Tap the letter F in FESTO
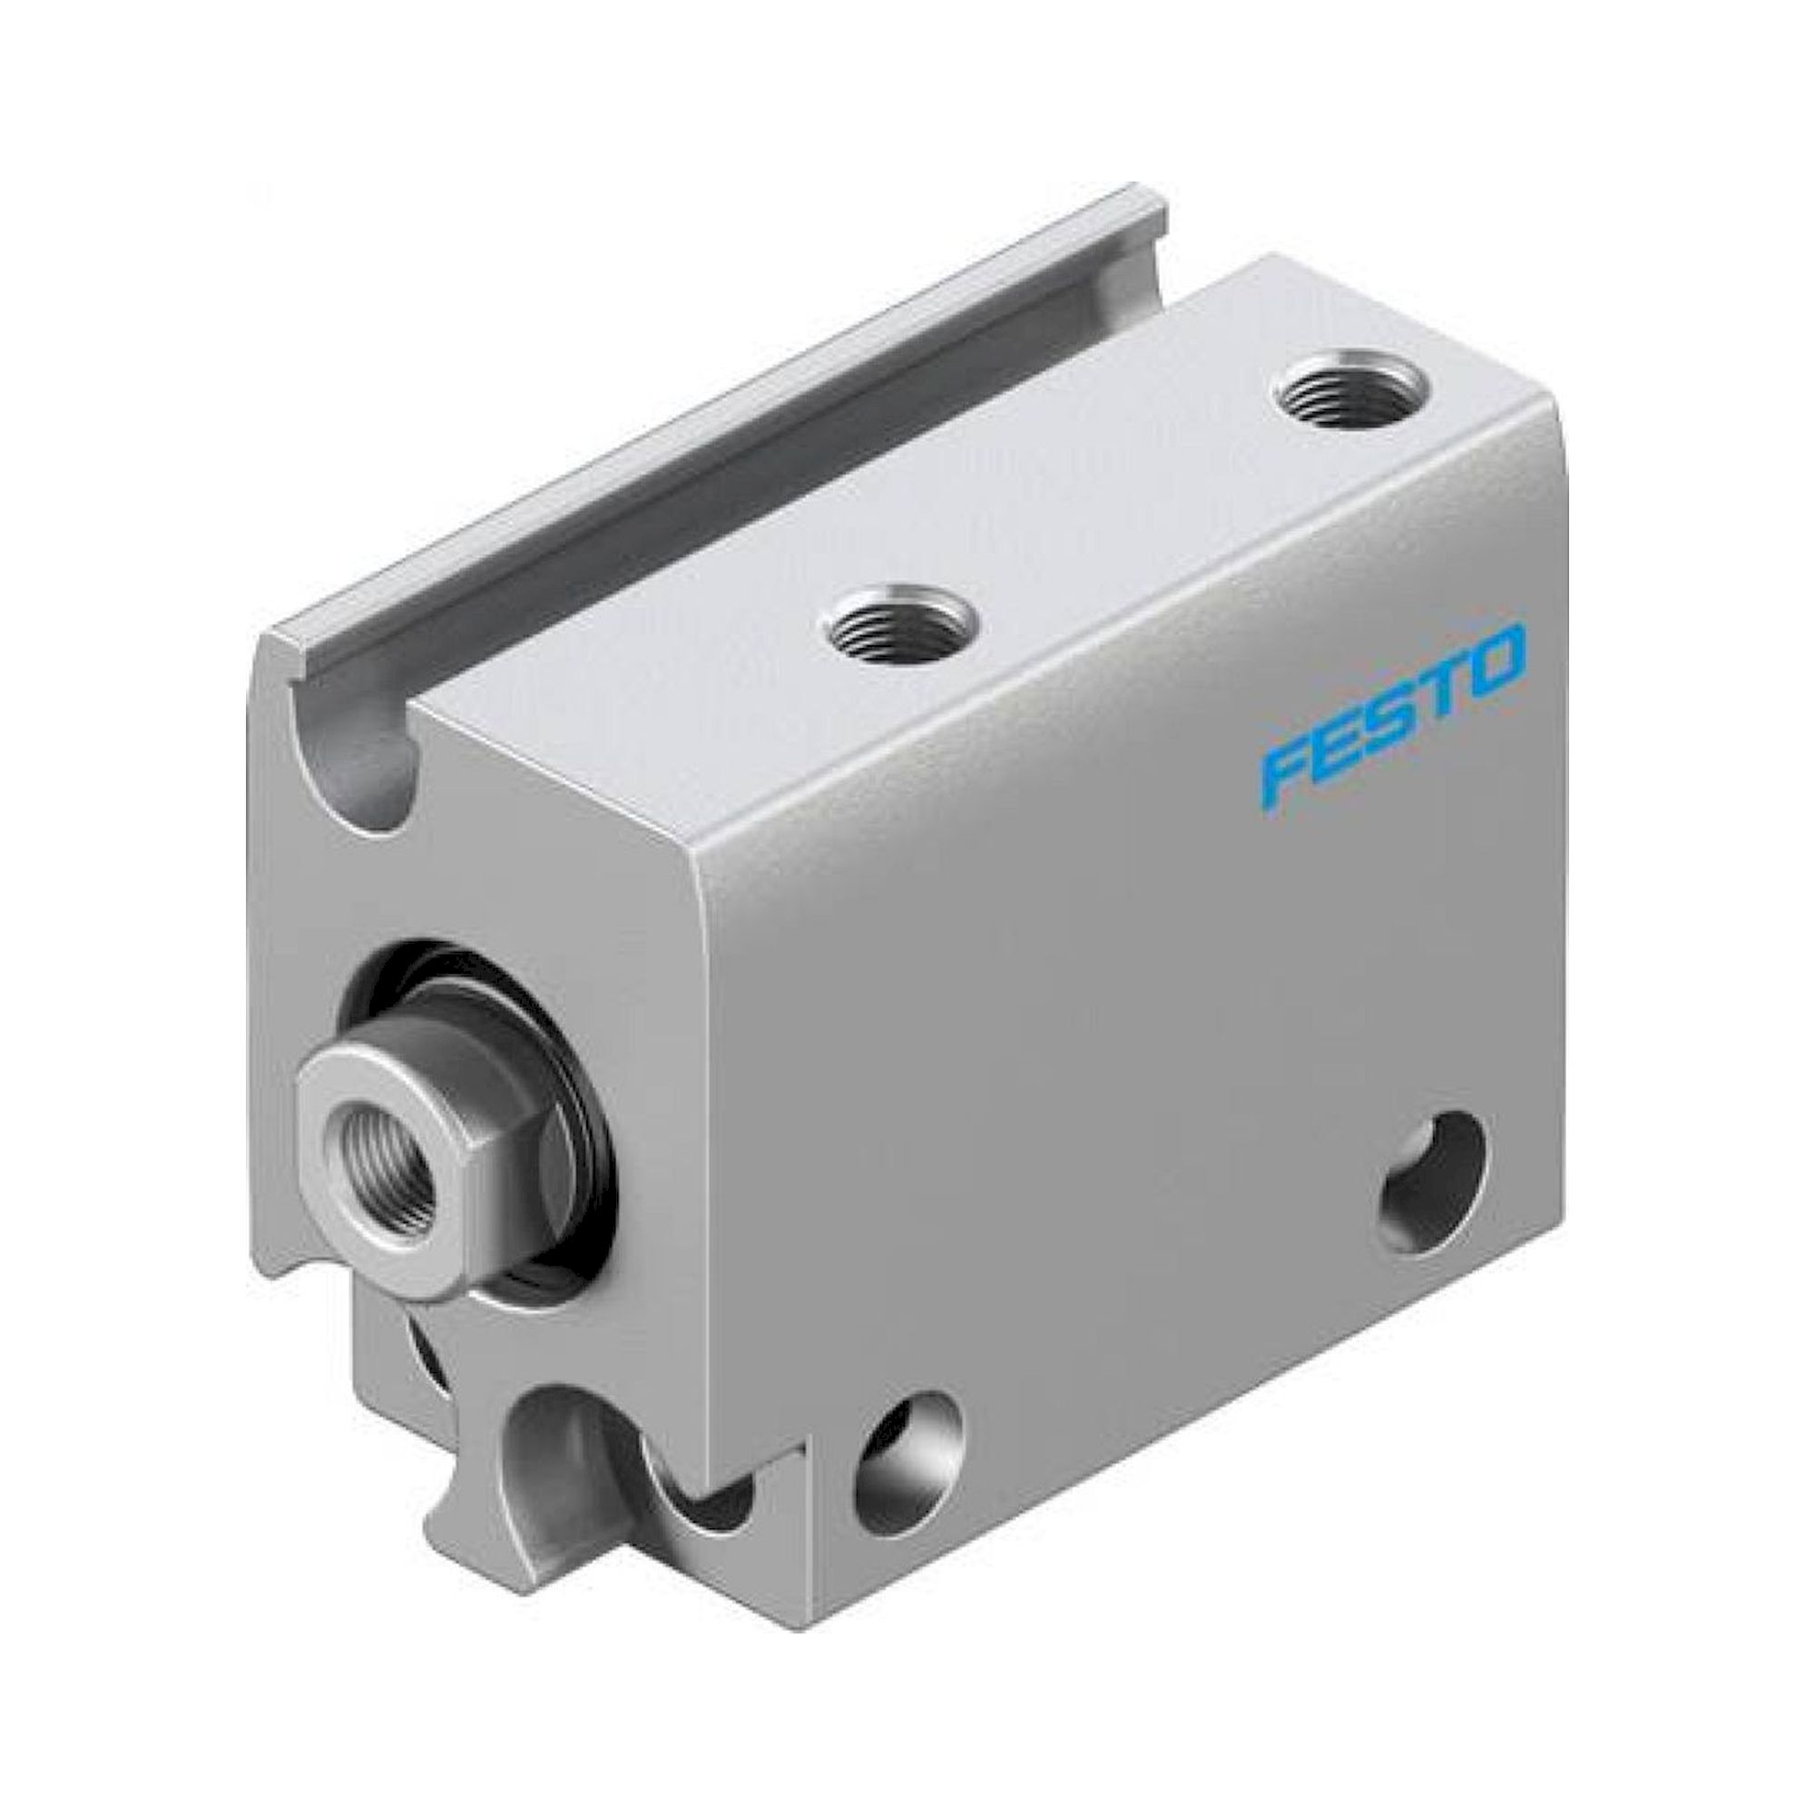click(x=1291, y=763)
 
